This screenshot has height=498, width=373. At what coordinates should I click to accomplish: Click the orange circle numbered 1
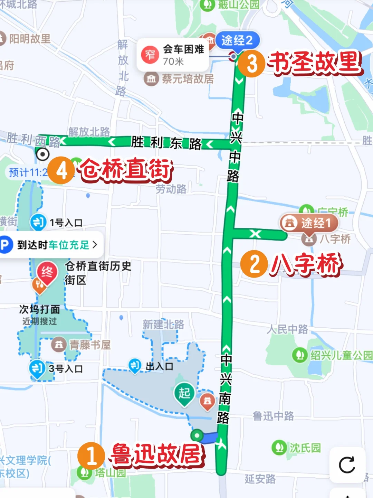91,455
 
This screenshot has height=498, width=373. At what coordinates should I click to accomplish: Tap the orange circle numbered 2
254,264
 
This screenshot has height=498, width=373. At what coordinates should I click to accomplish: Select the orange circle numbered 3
252,64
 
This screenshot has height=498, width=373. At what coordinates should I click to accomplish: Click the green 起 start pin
184,393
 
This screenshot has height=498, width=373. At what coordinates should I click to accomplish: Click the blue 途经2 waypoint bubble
237,40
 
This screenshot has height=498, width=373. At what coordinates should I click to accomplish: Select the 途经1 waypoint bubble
309,223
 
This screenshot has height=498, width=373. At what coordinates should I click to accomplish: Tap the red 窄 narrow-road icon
150,55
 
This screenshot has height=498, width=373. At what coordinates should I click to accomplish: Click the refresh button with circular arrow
347,465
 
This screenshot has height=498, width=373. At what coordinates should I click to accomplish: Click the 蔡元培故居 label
188,79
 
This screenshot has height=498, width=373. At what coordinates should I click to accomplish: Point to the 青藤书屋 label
90,345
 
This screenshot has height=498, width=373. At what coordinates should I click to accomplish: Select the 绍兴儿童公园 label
341,355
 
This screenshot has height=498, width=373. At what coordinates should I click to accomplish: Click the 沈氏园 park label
305,448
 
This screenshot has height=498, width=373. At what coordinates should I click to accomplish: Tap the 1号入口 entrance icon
38,222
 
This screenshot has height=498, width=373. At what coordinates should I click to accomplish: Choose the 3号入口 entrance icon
37,368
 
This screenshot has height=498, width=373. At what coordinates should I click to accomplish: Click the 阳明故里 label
30,39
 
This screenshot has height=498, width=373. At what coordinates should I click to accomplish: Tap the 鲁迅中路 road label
273,416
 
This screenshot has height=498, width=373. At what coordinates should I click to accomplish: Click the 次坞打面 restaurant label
40,309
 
